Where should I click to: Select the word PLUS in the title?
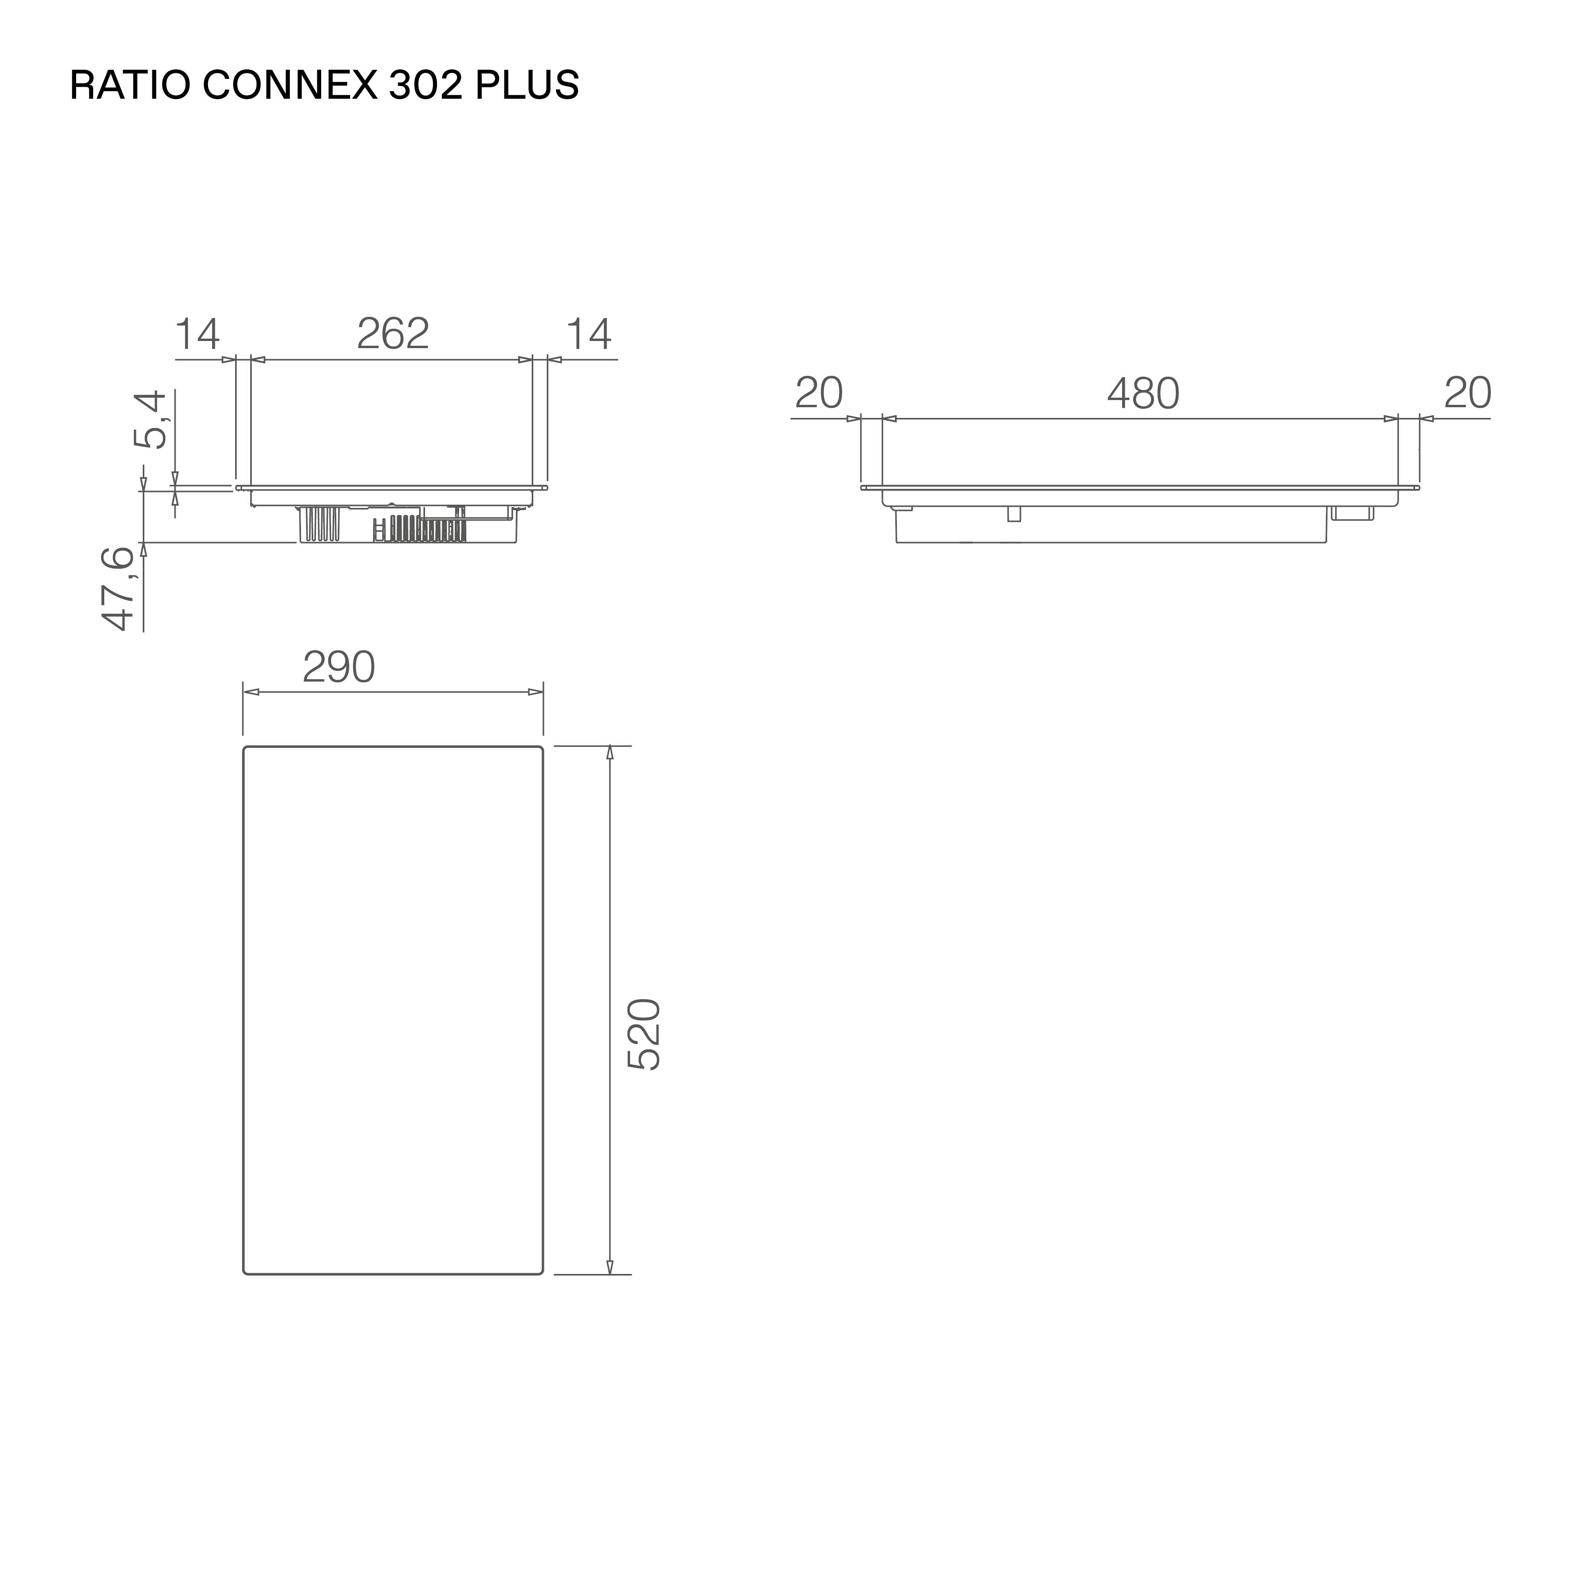[527, 85]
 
